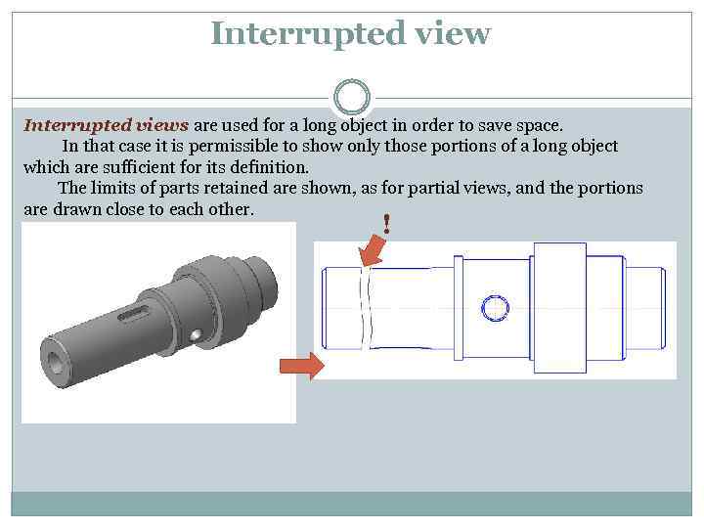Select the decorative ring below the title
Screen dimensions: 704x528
[x=352, y=97]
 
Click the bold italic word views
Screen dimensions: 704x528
[x=160, y=125]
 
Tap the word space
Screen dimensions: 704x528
[x=539, y=125]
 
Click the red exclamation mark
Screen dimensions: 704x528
[x=387, y=225]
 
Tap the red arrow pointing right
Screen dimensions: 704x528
[x=301, y=367]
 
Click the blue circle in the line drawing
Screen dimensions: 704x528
[x=496, y=308]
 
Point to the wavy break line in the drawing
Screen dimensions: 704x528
[x=363, y=308]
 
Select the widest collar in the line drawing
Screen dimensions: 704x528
[x=559, y=308]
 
